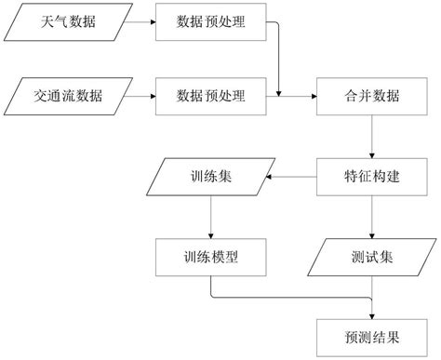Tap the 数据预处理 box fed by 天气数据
click(x=211, y=20)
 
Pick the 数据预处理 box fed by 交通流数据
click(x=211, y=95)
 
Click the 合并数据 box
click(x=372, y=95)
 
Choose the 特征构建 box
click(x=372, y=175)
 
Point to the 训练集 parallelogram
click(x=212, y=175)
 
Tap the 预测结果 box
click(x=372, y=332)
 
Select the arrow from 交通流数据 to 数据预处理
click(x=140, y=95)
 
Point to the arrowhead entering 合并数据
click(x=312, y=95)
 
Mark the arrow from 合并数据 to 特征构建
click(x=372, y=135)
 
